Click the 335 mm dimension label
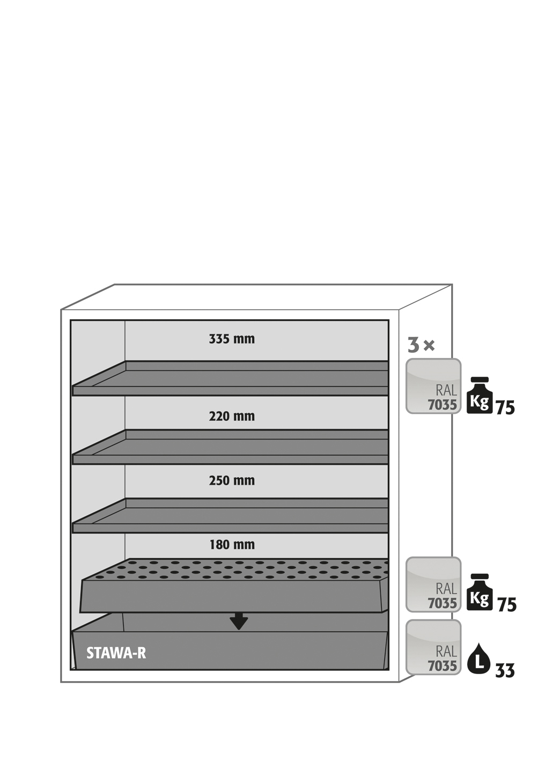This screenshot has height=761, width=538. click(232, 339)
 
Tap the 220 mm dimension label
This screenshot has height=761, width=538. click(232, 416)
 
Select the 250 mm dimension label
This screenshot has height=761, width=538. click(232, 481)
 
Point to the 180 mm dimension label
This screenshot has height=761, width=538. click(232, 545)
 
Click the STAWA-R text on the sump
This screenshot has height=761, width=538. click(116, 653)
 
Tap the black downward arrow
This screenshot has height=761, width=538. click(239, 621)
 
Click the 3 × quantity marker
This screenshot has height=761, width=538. click(421, 345)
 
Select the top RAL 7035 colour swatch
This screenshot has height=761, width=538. click(433, 386)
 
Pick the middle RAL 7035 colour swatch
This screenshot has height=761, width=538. click(433, 584)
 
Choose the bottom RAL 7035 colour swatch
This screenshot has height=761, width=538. click(433, 647)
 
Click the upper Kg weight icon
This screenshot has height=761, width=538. click(480, 396)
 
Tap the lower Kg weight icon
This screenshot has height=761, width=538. click(480, 592)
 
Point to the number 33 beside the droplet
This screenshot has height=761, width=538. click(505, 671)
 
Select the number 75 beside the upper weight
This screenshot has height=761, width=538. click(505, 408)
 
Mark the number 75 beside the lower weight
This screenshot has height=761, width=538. click(506, 605)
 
